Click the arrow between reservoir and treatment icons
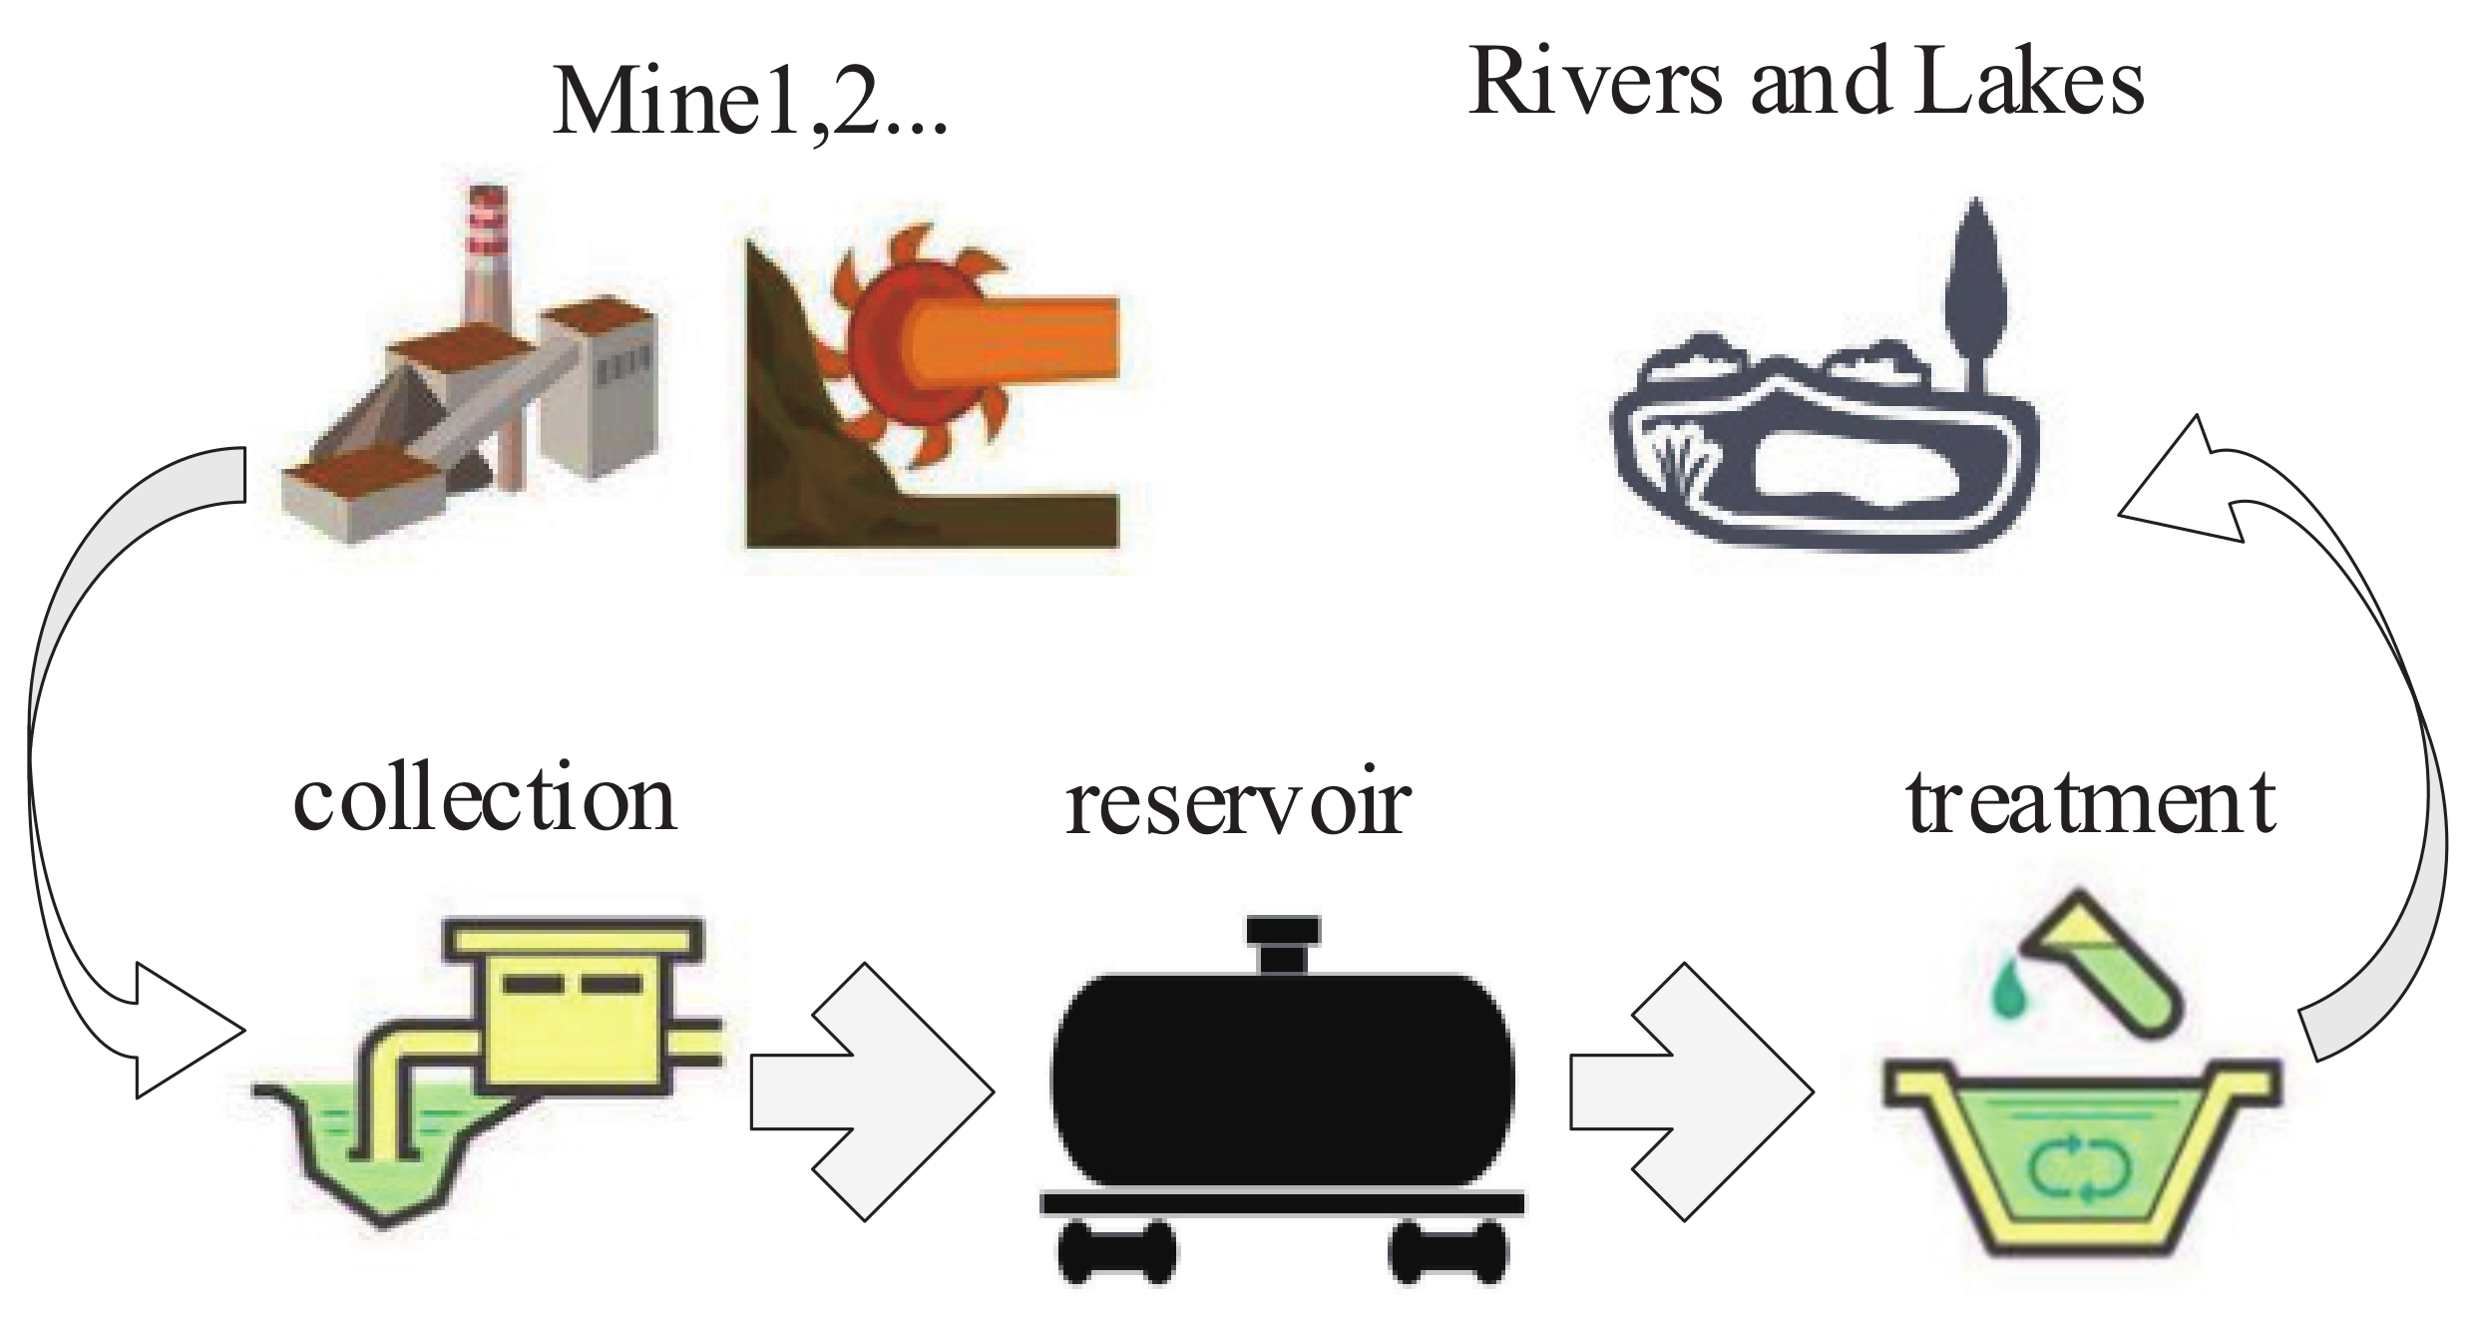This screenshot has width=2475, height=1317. tap(1691, 1092)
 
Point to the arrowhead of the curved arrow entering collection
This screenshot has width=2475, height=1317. tap(185, 1031)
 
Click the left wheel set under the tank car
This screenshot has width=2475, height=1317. tap(1116, 1253)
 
